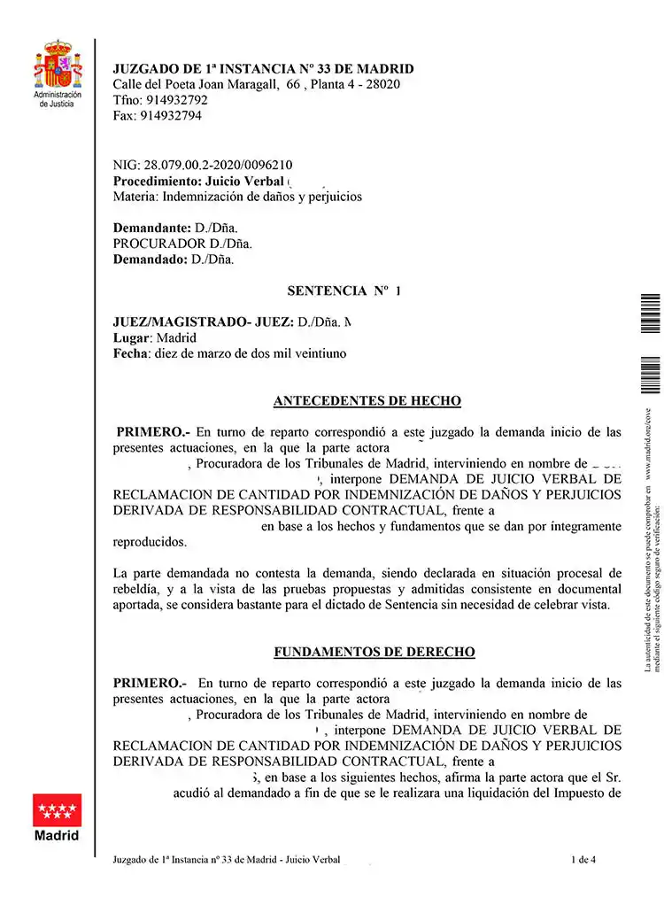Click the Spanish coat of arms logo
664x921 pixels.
pos(58,64)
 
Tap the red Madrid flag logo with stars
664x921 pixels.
pos(57,809)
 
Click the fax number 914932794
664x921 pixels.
pos(171,116)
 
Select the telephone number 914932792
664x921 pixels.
pos(176,100)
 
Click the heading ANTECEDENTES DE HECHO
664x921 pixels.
pos(367,401)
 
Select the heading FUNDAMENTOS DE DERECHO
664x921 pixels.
pos(374,653)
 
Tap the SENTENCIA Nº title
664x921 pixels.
pos(344,290)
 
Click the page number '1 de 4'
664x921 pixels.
pos(583,859)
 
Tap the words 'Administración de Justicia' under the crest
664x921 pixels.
pos(58,98)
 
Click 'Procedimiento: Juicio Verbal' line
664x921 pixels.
pos(205,181)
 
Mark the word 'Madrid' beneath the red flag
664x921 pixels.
pos(57,835)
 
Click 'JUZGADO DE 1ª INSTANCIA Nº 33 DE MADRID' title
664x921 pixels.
pos(263,69)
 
